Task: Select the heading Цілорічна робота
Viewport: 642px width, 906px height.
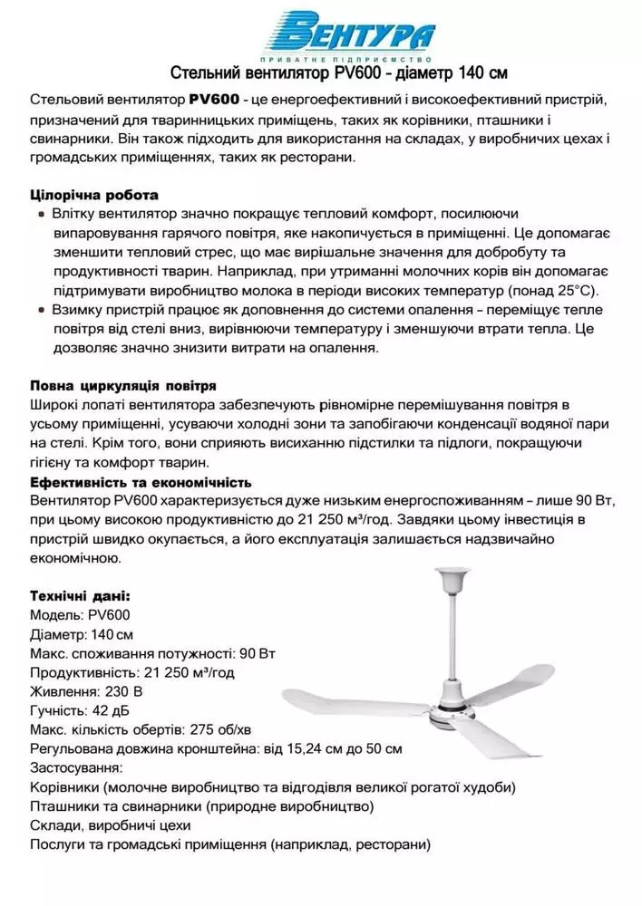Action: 94,195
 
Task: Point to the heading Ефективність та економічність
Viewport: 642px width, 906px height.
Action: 141,481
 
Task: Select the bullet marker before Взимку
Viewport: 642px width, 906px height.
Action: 42,311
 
